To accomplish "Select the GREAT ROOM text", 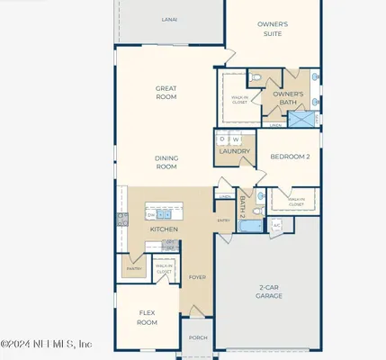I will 166,93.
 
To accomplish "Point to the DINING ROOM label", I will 166,162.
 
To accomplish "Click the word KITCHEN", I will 164,229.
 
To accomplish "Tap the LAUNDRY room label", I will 230,152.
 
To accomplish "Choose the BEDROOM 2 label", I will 290,157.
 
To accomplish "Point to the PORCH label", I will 197,339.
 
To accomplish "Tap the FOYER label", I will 197,277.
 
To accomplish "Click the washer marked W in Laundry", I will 236,139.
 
